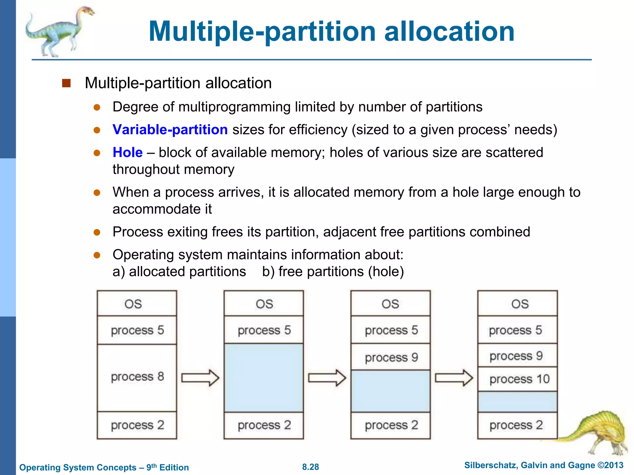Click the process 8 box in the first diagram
pos(137,377)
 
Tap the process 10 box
pos(518,379)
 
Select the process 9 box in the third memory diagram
pos(391,357)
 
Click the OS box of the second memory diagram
pos(264,304)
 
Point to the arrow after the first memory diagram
pos(200,378)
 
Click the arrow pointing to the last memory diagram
pos(454,378)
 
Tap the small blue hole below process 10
pos(518,402)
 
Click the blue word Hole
pos(128,152)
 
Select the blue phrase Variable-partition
pos(170,130)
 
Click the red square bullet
pos(67,83)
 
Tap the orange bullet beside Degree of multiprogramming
pos(97,107)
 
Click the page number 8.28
pos(310,467)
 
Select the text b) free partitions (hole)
pos(333,272)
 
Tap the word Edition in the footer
pos(174,467)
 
